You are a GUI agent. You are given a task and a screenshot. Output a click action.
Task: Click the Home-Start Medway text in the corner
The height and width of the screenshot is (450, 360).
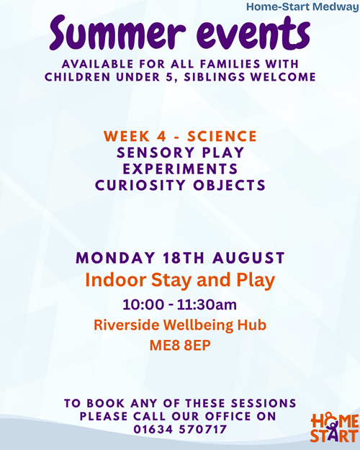(x=303, y=6)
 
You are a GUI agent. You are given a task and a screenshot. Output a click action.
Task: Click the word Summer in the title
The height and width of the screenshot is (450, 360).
(x=117, y=33)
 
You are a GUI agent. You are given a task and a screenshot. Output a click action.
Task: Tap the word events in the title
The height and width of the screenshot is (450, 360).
(x=253, y=33)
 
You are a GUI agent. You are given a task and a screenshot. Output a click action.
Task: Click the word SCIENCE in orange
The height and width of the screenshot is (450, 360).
(x=222, y=136)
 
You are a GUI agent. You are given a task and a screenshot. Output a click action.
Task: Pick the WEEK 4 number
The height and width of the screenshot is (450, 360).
(x=162, y=136)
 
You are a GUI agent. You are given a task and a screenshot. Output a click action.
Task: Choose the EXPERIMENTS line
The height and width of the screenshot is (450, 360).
(x=180, y=168)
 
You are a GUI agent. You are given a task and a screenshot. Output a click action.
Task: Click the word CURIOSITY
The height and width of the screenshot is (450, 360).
(x=140, y=185)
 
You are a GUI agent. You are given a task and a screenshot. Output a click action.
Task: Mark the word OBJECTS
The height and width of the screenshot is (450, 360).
(x=230, y=185)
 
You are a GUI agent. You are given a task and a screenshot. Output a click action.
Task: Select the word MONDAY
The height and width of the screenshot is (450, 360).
(x=116, y=258)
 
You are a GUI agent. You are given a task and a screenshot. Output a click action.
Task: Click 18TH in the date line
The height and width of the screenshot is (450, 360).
(x=184, y=258)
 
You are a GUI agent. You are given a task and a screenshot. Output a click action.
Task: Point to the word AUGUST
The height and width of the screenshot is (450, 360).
(x=248, y=258)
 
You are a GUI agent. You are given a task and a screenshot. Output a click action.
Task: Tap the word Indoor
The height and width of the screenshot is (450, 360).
(x=116, y=279)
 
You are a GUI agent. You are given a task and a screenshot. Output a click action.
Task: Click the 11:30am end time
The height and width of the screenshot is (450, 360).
(x=207, y=305)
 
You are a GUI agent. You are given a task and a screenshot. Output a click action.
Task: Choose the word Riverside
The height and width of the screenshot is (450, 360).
(x=127, y=325)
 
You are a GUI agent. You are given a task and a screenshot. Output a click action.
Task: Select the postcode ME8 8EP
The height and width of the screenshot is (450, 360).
(x=180, y=346)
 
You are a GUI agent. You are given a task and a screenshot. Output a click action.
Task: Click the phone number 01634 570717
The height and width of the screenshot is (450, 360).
(x=180, y=429)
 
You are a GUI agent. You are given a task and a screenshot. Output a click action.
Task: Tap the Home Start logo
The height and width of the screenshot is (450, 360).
(x=335, y=428)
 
